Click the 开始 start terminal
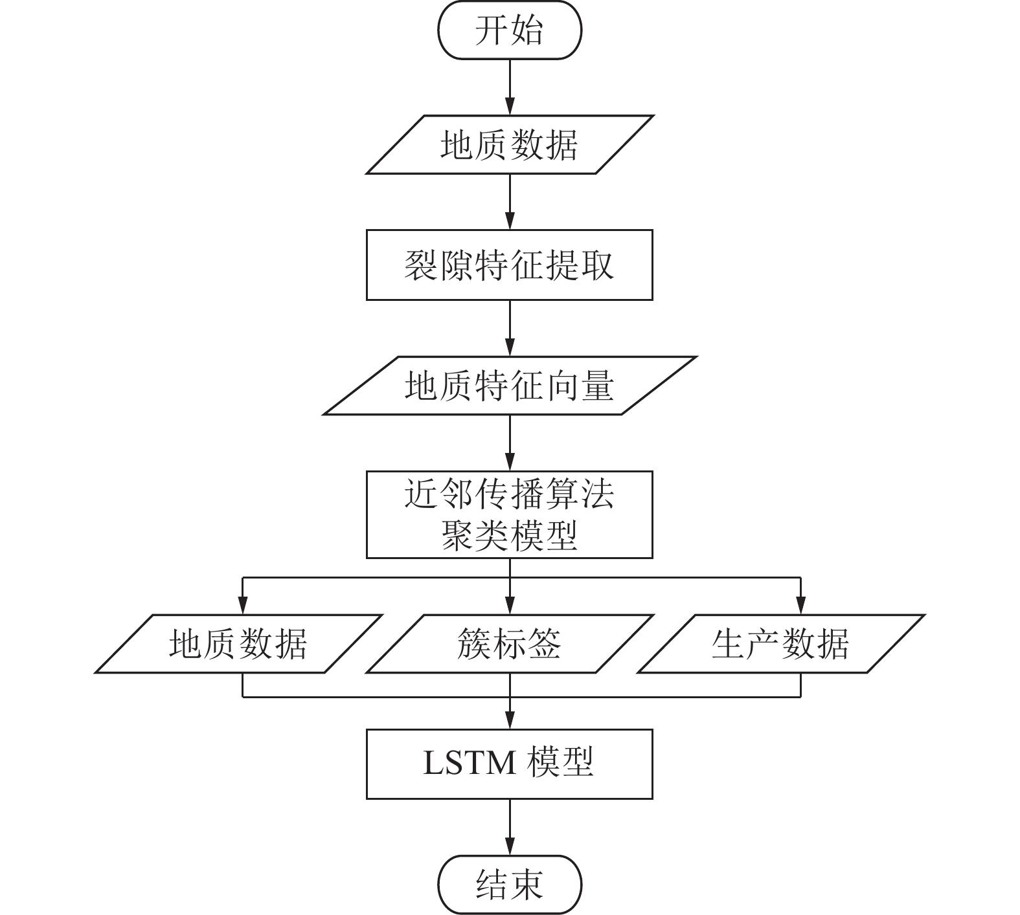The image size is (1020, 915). (x=510, y=30)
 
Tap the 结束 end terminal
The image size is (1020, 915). (x=510, y=884)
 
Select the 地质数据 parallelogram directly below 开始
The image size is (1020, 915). (x=510, y=145)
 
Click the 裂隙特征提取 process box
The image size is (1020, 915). (x=510, y=265)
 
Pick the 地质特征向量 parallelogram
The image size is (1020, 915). (x=510, y=386)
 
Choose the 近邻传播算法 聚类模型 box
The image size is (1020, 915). (x=510, y=514)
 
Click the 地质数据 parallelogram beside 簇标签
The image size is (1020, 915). (x=238, y=644)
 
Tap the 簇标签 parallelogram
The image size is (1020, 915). (x=510, y=644)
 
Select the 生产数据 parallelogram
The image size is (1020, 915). (x=780, y=644)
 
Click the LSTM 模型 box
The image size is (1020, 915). (x=510, y=764)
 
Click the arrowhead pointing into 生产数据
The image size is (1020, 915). (x=800, y=606)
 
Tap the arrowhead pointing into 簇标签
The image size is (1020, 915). (x=510, y=606)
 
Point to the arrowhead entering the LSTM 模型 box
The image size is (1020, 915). (x=510, y=720)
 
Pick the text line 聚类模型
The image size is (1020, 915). (x=510, y=536)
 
